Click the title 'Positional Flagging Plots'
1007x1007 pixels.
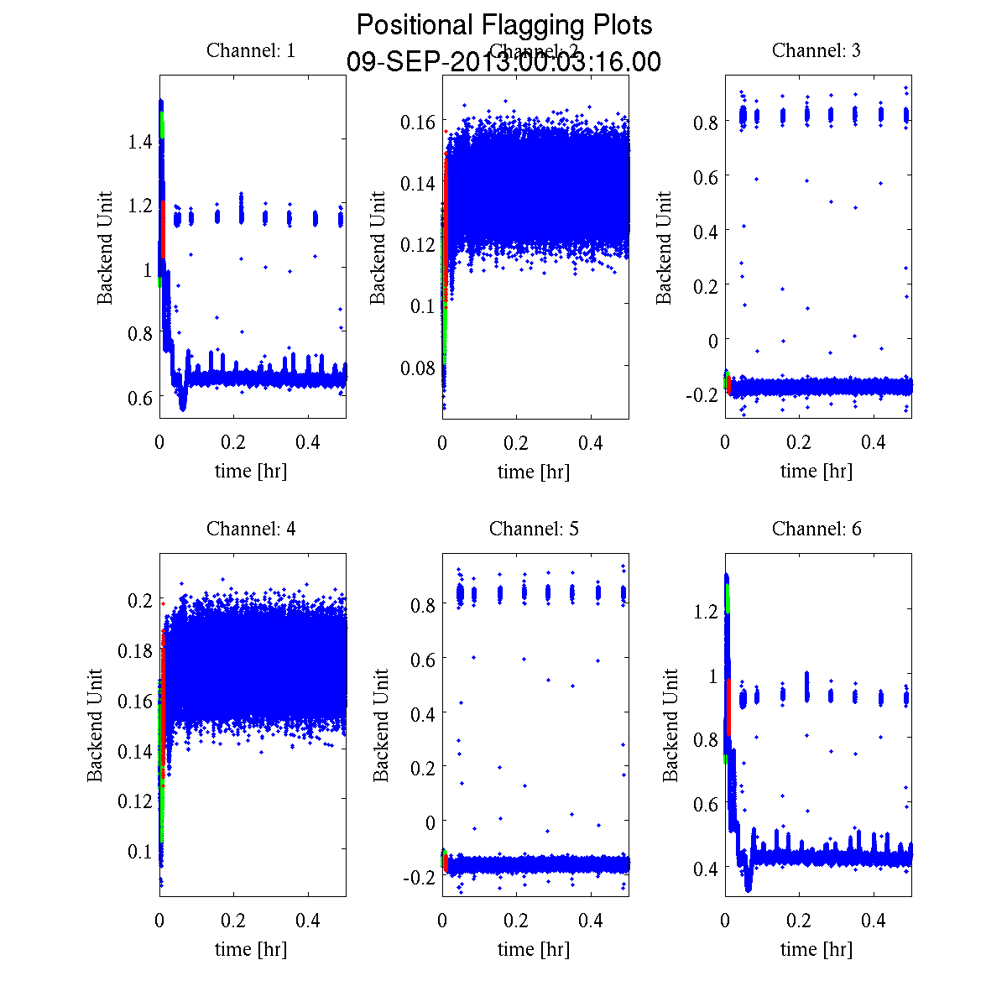503,25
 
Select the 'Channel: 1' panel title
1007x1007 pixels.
251,50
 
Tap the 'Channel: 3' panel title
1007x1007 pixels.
816,50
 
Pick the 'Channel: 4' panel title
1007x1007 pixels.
251,529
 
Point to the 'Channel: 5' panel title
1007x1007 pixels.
534,529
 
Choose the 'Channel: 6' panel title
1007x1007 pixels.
816,529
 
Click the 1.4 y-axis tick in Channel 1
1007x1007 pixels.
139,142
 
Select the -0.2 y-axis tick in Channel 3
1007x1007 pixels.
702,394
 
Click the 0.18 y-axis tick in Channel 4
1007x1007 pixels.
133,650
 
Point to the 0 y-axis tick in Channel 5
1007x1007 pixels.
430,822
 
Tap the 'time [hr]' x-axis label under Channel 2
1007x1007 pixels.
534,472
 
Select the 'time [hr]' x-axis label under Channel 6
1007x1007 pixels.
816,949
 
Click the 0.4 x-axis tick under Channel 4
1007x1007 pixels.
309,921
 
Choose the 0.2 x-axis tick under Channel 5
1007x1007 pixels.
517,921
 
